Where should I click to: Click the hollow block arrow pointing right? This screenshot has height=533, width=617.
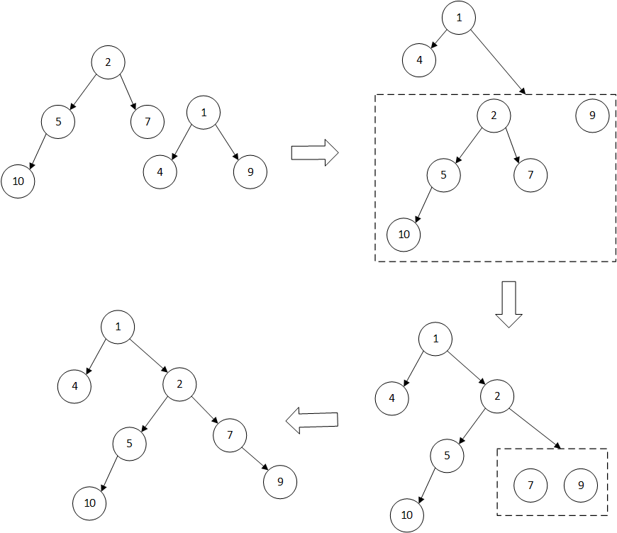(x=315, y=152)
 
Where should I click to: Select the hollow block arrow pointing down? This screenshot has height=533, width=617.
(x=508, y=304)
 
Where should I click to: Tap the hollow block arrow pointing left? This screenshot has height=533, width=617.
(x=311, y=420)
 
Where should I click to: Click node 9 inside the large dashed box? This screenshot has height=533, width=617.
(x=592, y=116)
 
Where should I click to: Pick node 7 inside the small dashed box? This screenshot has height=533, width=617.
(x=530, y=486)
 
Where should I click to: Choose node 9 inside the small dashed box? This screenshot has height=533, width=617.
(x=581, y=486)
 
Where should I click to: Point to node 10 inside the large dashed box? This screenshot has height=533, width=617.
(x=404, y=235)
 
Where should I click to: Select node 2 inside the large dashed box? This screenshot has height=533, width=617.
(x=494, y=116)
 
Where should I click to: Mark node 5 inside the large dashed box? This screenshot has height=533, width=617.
(x=443, y=175)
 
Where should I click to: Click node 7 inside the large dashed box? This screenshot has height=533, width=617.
(x=530, y=175)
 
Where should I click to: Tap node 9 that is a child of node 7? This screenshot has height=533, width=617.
(x=280, y=482)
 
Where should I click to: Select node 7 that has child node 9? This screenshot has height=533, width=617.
(x=230, y=435)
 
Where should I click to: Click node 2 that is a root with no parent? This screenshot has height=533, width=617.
(x=109, y=62)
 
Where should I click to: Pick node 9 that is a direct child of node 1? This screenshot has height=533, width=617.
(x=250, y=172)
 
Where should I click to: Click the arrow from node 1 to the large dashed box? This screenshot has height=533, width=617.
(x=498, y=62)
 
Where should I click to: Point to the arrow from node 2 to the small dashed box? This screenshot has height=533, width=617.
(x=534, y=428)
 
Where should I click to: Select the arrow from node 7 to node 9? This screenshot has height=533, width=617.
(x=255, y=459)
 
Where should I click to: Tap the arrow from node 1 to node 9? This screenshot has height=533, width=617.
(x=227, y=142)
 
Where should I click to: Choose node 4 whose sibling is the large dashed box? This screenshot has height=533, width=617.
(x=419, y=60)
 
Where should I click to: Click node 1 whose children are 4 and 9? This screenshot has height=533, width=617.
(x=204, y=113)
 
